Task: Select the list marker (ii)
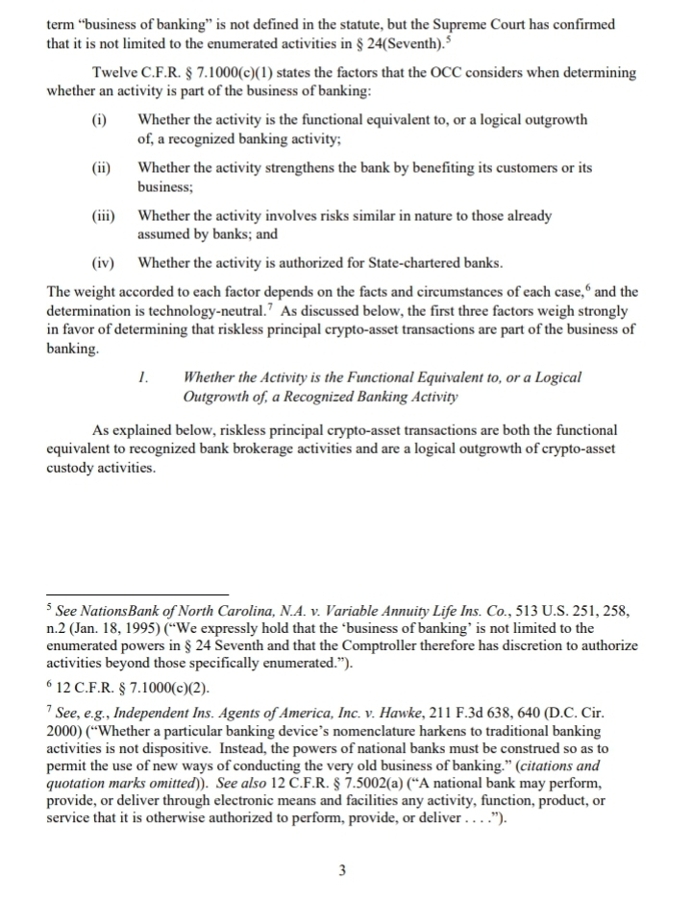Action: coord(100,168)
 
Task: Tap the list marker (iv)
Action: coord(100,262)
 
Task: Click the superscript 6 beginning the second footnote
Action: coord(50,685)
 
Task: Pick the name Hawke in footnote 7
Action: coord(409,713)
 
